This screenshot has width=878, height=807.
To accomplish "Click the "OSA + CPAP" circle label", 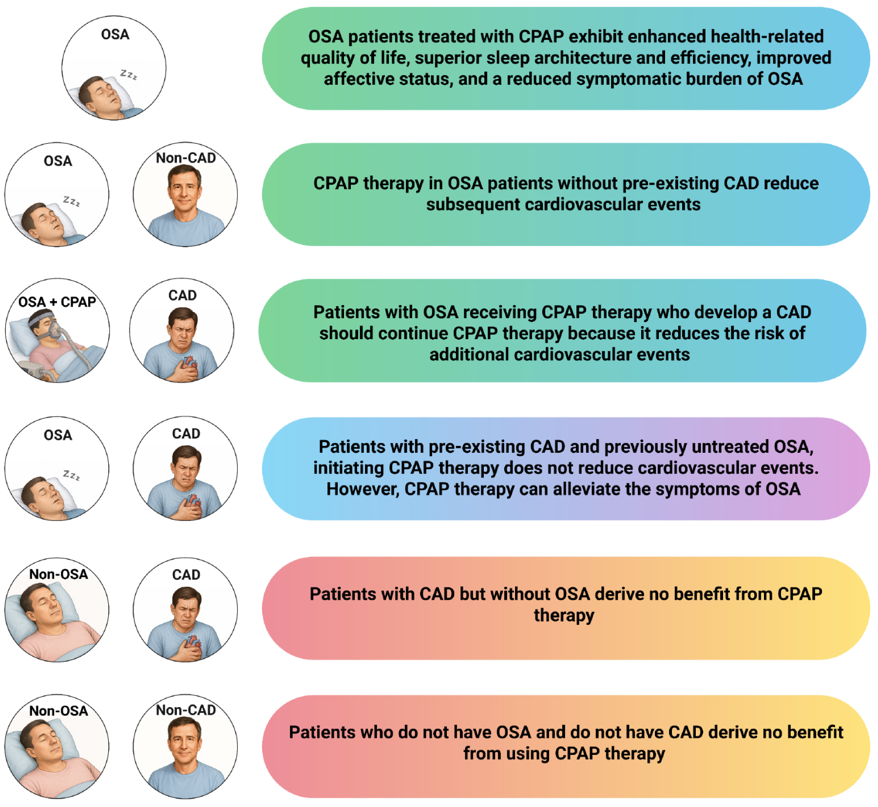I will tap(57, 302).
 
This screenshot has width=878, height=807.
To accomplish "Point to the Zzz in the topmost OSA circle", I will tap(129, 75).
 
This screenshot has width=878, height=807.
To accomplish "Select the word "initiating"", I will tap(348, 468).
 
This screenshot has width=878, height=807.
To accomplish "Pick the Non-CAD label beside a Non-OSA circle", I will tap(186, 711).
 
